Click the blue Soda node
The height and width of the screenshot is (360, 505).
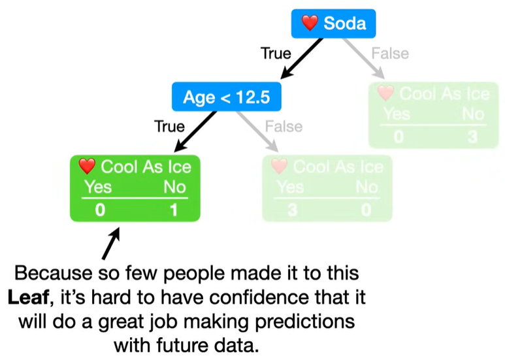[x=333, y=24]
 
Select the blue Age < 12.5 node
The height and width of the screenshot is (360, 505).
[x=226, y=97]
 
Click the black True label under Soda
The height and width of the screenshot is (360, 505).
[x=276, y=54]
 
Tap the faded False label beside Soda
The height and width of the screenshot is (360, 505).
[x=390, y=54]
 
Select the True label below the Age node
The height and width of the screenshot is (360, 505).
[x=169, y=126]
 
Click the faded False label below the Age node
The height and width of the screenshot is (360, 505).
[x=284, y=126]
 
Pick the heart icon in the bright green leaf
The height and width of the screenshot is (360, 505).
[x=87, y=167]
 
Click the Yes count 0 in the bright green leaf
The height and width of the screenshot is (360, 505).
[x=99, y=210]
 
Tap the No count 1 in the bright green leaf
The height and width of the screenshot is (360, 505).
[x=173, y=210]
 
